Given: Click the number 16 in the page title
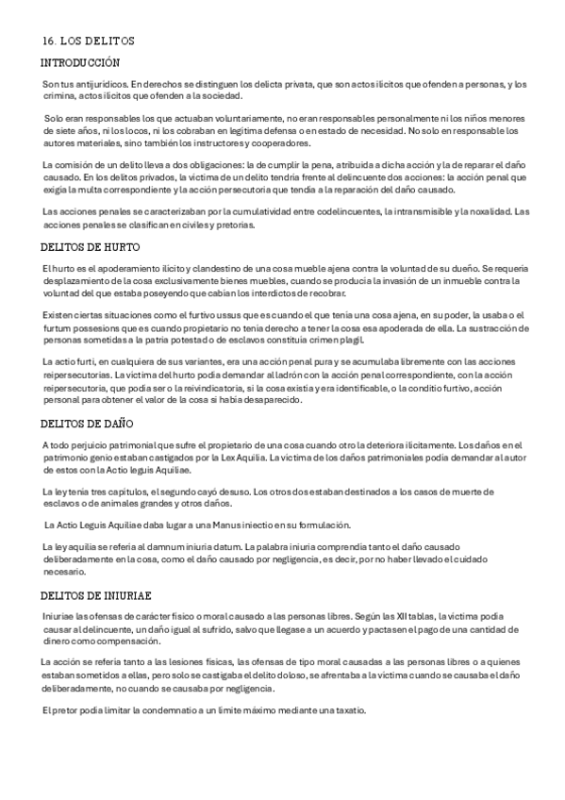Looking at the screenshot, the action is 48,42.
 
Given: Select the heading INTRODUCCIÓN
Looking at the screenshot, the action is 80,62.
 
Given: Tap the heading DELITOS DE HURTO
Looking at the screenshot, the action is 91,248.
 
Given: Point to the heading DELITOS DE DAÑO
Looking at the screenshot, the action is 88,423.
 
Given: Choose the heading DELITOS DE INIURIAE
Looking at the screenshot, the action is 96,596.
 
